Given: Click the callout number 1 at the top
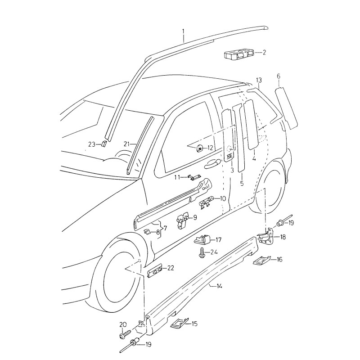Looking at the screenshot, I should tap(183, 31).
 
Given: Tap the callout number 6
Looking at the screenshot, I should tap(279, 77).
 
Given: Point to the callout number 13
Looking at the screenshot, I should tap(259, 80).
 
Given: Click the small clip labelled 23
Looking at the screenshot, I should tap(103, 144).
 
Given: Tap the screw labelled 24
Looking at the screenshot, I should tap(201, 253).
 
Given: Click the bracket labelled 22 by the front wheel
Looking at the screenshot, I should tap(155, 271).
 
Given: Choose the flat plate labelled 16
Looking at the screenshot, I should tap(261, 261).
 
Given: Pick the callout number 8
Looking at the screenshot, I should tap(157, 232).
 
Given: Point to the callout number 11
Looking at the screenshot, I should tap(177, 177).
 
